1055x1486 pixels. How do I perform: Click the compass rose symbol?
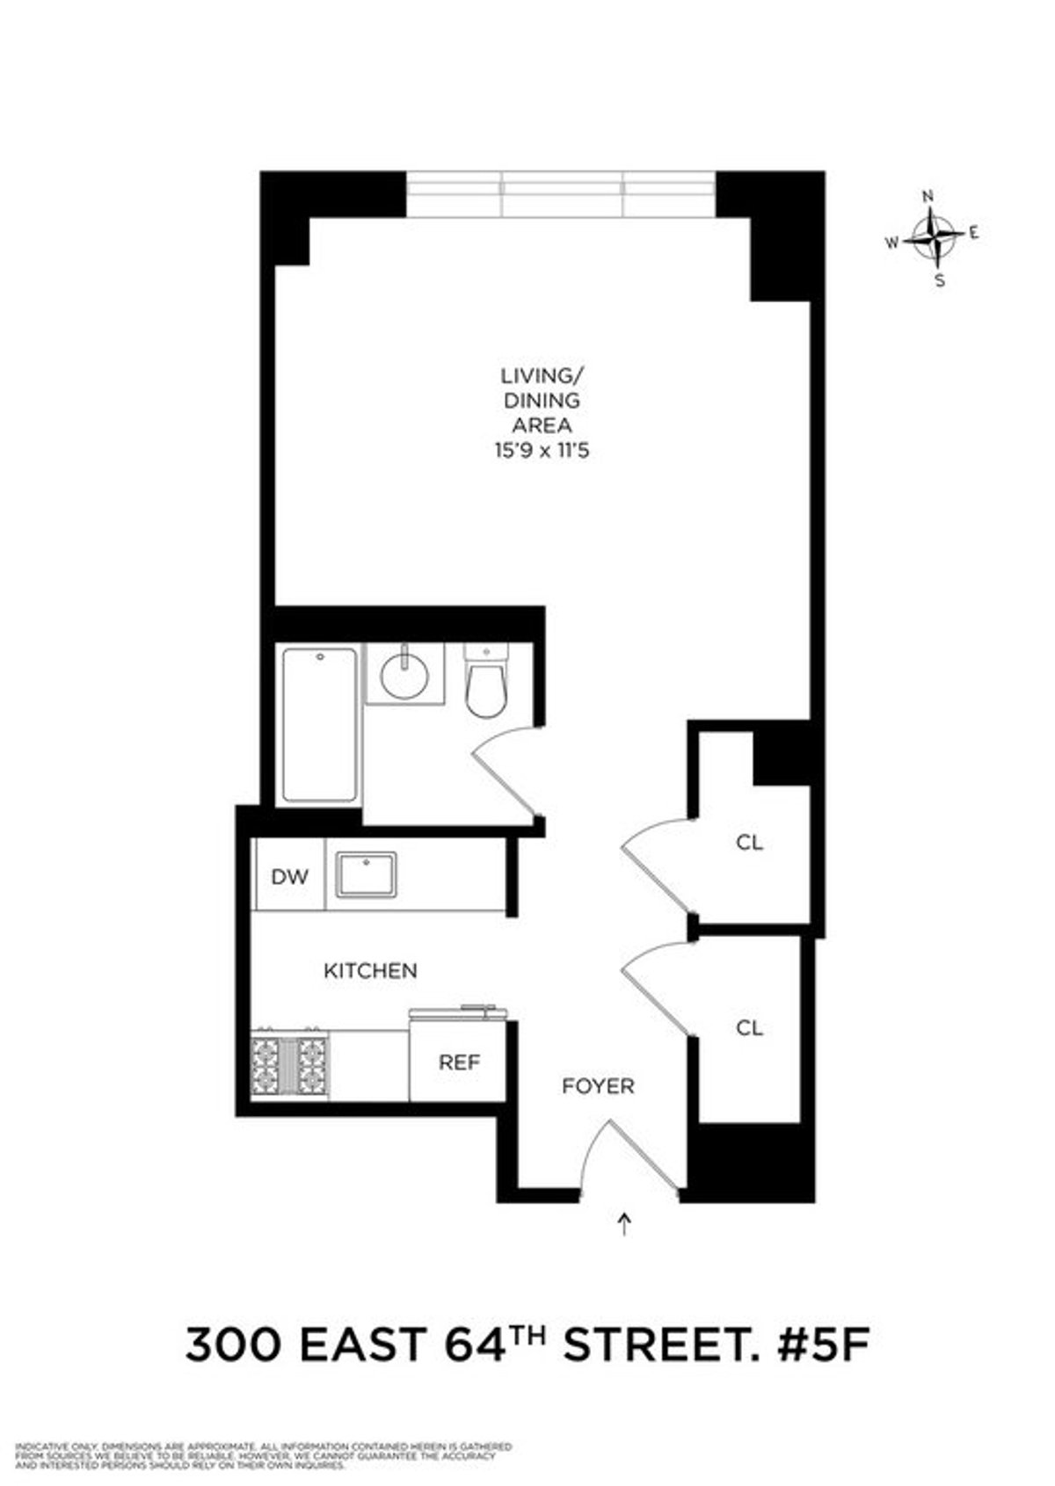tap(934, 236)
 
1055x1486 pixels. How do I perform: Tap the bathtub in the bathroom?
tap(319, 724)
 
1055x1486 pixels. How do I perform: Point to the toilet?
tap(486, 682)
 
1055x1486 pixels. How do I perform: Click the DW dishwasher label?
tap(289, 876)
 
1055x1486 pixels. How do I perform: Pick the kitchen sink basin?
tap(365, 874)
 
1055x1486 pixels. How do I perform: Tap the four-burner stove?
tap(289, 1065)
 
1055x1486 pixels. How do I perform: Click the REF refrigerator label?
tap(459, 1062)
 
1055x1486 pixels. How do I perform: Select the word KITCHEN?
tap(370, 971)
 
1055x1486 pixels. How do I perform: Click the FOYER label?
tap(598, 1086)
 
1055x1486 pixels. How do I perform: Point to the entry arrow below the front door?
tap(625, 1224)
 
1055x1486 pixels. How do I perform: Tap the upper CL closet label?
tap(749, 843)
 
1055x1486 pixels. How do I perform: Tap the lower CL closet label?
tap(749, 1027)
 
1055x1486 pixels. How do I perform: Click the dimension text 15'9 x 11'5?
tap(541, 451)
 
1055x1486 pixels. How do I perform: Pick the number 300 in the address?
tap(233, 1345)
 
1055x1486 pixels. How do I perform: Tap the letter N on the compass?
tap(927, 197)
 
